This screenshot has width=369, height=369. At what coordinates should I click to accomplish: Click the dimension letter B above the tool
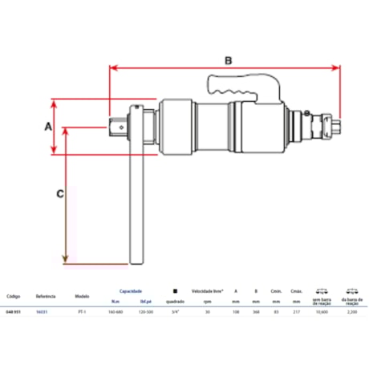(228, 60)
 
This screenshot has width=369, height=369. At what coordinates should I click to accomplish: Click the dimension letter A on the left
(47, 127)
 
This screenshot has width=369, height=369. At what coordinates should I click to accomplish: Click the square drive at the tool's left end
(116, 124)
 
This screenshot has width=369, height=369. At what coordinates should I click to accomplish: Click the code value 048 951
(16, 311)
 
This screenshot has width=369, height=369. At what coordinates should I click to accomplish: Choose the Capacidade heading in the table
(131, 292)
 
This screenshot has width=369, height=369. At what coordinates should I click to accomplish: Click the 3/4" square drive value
(176, 311)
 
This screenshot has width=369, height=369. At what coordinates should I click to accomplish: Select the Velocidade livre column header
(206, 292)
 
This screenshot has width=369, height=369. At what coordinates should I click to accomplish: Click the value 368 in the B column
(256, 311)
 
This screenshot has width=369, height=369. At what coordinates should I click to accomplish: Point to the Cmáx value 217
(297, 311)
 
